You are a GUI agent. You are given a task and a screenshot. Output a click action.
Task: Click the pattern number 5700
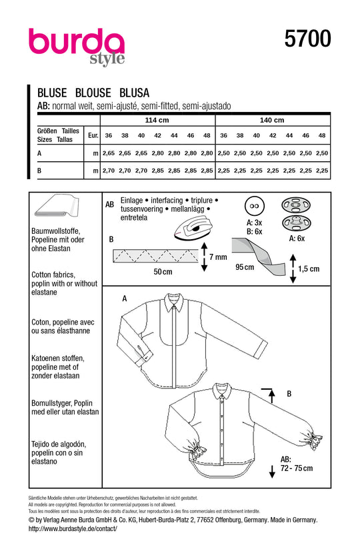(x=307, y=40)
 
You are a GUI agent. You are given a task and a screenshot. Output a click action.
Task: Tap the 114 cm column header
(x=158, y=121)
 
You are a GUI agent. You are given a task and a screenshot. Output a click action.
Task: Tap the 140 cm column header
(x=271, y=121)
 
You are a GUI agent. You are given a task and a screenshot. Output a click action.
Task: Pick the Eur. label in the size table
(x=93, y=135)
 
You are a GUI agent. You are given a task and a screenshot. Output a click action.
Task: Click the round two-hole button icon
(x=255, y=206)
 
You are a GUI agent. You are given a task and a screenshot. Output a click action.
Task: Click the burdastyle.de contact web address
(x=73, y=528)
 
